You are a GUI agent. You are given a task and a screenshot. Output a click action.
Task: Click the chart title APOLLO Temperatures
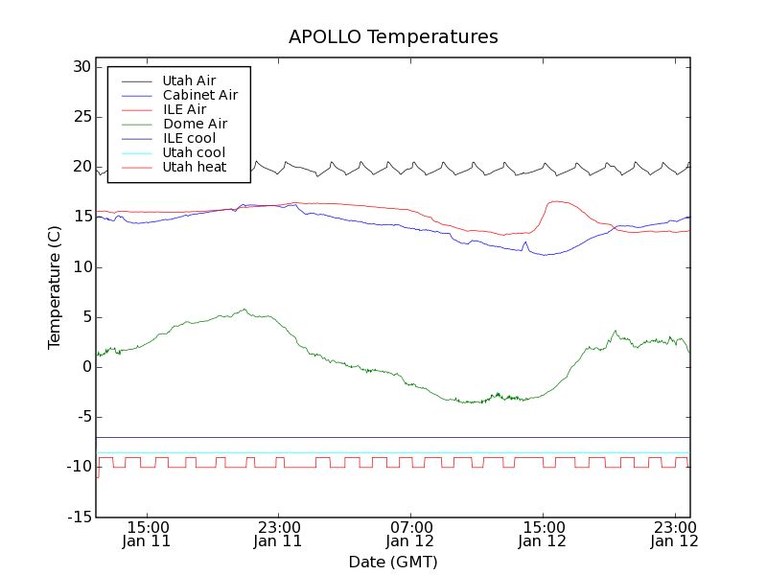pyautogui.click(x=393, y=37)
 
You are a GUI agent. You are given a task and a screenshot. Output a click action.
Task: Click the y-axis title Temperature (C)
pyautogui.click(x=55, y=287)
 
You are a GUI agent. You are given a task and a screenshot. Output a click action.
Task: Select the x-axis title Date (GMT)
pyautogui.click(x=393, y=562)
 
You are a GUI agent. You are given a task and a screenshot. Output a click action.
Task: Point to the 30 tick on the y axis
pyautogui.click(x=81, y=67)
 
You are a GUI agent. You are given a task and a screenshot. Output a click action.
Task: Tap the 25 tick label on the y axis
pyautogui.click(x=81, y=117)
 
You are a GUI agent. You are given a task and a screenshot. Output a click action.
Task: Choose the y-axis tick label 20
pyautogui.click(x=81, y=167)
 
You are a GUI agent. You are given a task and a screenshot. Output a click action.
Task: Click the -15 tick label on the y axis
pyautogui.click(x=78, y=517)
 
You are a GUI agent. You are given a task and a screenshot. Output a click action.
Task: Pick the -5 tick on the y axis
pyautogui.click(x=81, y=417)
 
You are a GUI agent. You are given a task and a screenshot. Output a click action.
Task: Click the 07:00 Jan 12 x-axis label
pyautogui.click(x=410, y=534)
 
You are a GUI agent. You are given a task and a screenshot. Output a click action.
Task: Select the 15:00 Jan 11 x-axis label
pyautogui.click(x=148, y=534)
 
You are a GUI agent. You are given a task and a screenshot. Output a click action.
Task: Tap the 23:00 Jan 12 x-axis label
pyautogui.click(x=673, y=534)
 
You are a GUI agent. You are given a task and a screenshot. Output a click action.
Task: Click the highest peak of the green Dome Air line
pyautogui.click(x=244, y=310)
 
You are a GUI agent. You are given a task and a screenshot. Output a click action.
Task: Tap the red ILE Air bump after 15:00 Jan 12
pyautogui.click(x=556, y=201)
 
